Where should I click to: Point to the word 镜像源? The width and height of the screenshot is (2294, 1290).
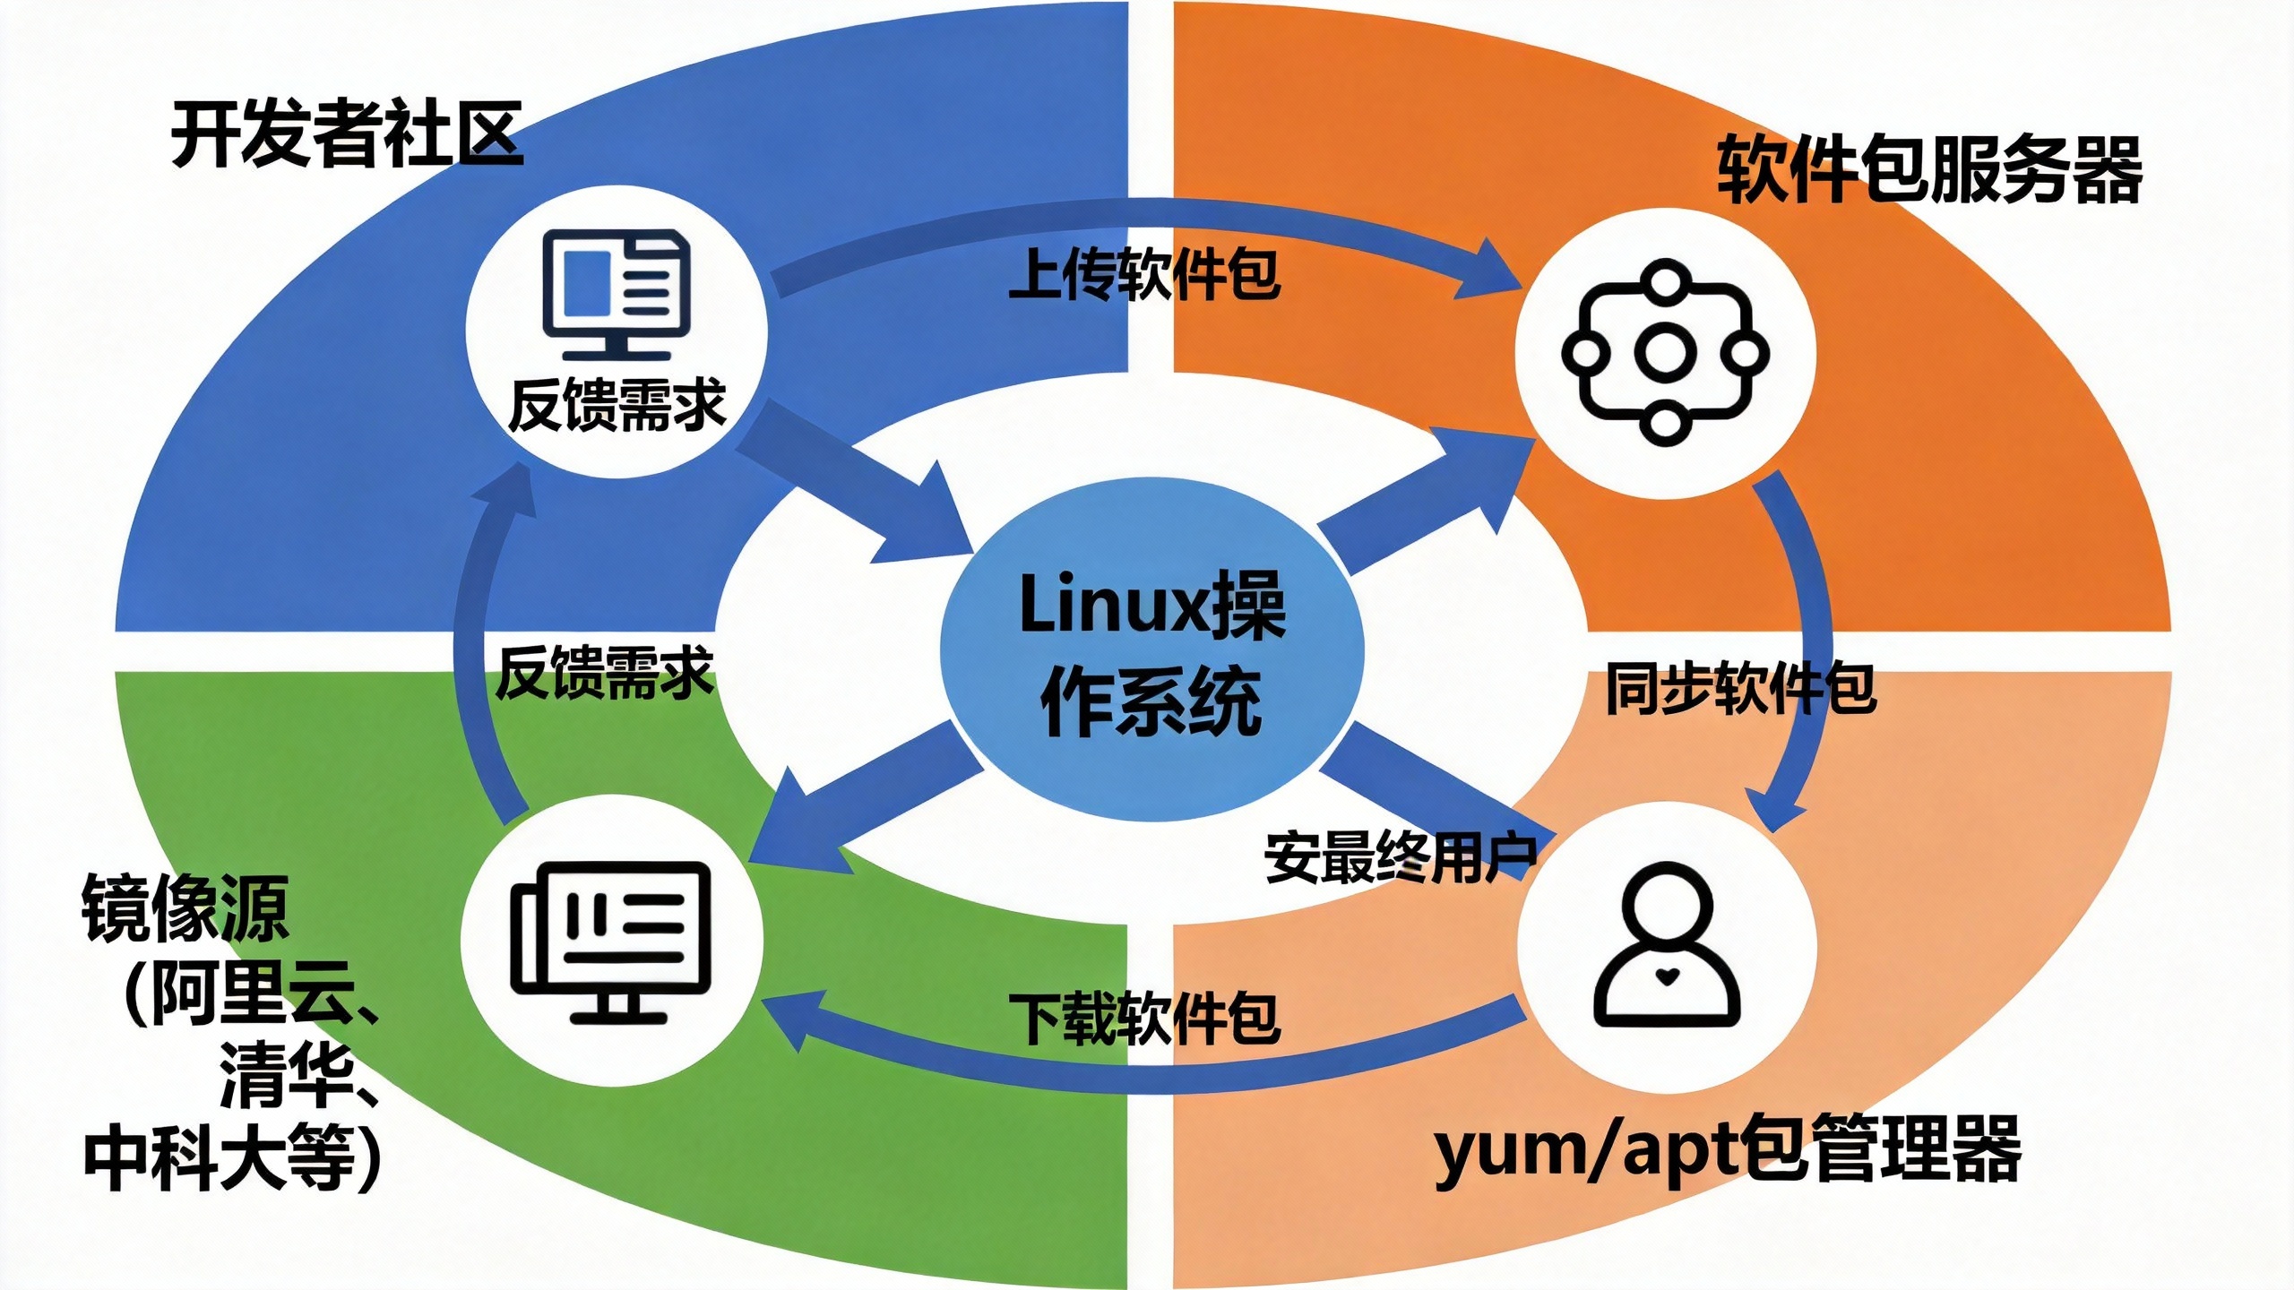[185, 908]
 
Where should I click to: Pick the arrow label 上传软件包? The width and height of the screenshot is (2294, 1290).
[1144, 274]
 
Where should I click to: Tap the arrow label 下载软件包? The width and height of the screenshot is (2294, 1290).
[1144, 1018]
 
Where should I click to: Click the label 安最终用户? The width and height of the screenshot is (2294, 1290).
[1401, 857]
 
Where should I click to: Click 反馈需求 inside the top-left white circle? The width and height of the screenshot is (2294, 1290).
[617, 406]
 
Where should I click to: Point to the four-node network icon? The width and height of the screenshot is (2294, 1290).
[1665, 352]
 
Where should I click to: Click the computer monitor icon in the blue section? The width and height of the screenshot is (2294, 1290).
[617, 294]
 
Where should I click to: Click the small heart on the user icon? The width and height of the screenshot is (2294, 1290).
[1666, 976]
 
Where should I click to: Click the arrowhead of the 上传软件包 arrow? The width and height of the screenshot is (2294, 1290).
[1492, 269]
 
